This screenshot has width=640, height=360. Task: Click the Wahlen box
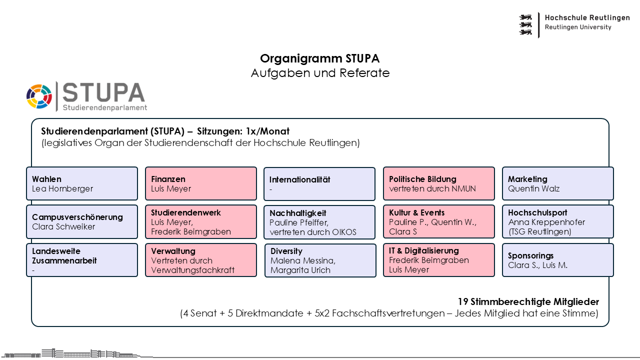(x=82, y=183)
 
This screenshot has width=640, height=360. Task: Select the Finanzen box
(x=201, y=183)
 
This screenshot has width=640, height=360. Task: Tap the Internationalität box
(x=319, y=183)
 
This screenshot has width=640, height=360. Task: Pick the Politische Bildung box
(x=439, y=183)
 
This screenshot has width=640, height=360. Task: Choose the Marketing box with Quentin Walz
(x=557, y=183)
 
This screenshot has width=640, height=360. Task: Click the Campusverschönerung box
(x=82, y=221)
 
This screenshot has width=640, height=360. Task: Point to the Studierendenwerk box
(x=201, y=221)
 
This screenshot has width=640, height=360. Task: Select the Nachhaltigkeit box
(x=319, y=222)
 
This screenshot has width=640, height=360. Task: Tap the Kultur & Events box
(x=439, y=221)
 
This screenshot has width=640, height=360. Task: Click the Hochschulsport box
(x=557, y=221)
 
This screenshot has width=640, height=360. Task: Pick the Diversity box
(x=320, y=260)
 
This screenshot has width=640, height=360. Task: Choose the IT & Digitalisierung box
(x=439, y=260)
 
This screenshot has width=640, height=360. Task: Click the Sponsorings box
(x=557, y=260)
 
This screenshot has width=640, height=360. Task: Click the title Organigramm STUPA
(x=319, y=58)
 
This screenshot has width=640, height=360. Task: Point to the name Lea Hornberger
(x=62, y=188)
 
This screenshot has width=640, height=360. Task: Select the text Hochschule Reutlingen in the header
(x=587, y=17)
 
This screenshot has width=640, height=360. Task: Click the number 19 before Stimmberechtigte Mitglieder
(x=463, y=301)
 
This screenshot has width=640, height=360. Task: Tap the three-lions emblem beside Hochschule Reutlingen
(x=525, y=25)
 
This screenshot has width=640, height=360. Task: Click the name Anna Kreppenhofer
(x=546, y=222)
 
